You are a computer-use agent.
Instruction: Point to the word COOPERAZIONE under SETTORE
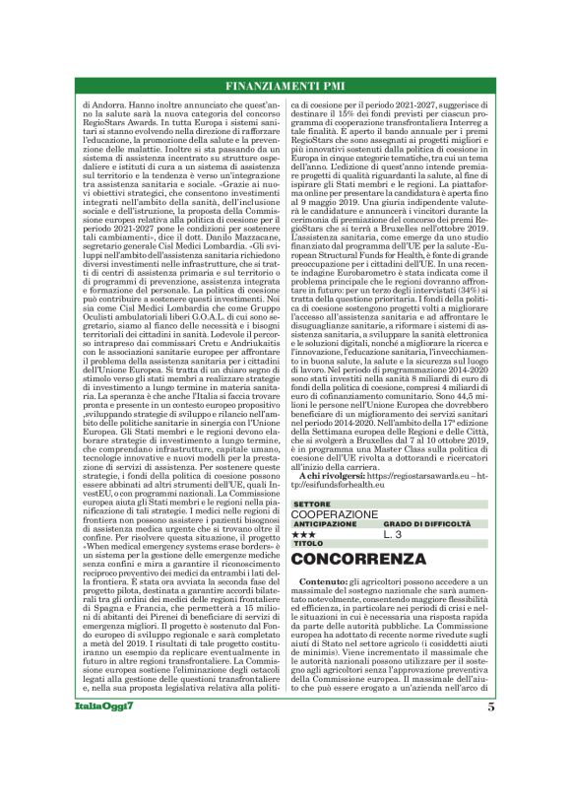335,513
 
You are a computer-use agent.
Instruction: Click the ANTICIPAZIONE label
325,524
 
